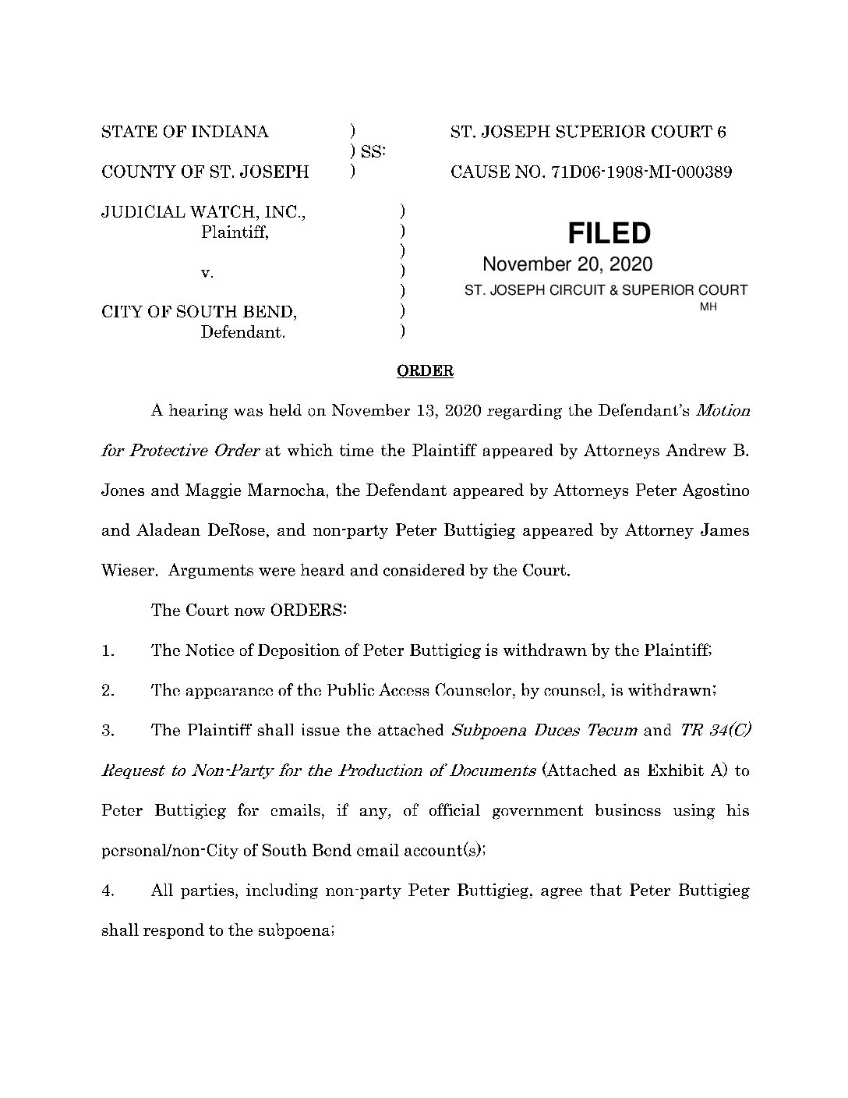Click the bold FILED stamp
pos(609,233)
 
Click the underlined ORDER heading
pos(425,371)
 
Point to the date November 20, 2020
pos(567,264)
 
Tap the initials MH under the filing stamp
pos(708,307)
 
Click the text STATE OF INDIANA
pos(185,132)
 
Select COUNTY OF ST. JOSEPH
pos(205,172)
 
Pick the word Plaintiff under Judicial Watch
pos(235,232)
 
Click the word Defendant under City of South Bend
pos(242,333)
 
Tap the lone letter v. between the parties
pos(207,272)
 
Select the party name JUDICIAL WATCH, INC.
pos(204,211)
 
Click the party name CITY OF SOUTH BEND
pos(200,313)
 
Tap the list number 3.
pos(108,731)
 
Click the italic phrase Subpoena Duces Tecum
pos(545,731)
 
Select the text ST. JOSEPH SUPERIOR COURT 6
pos(588,132)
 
